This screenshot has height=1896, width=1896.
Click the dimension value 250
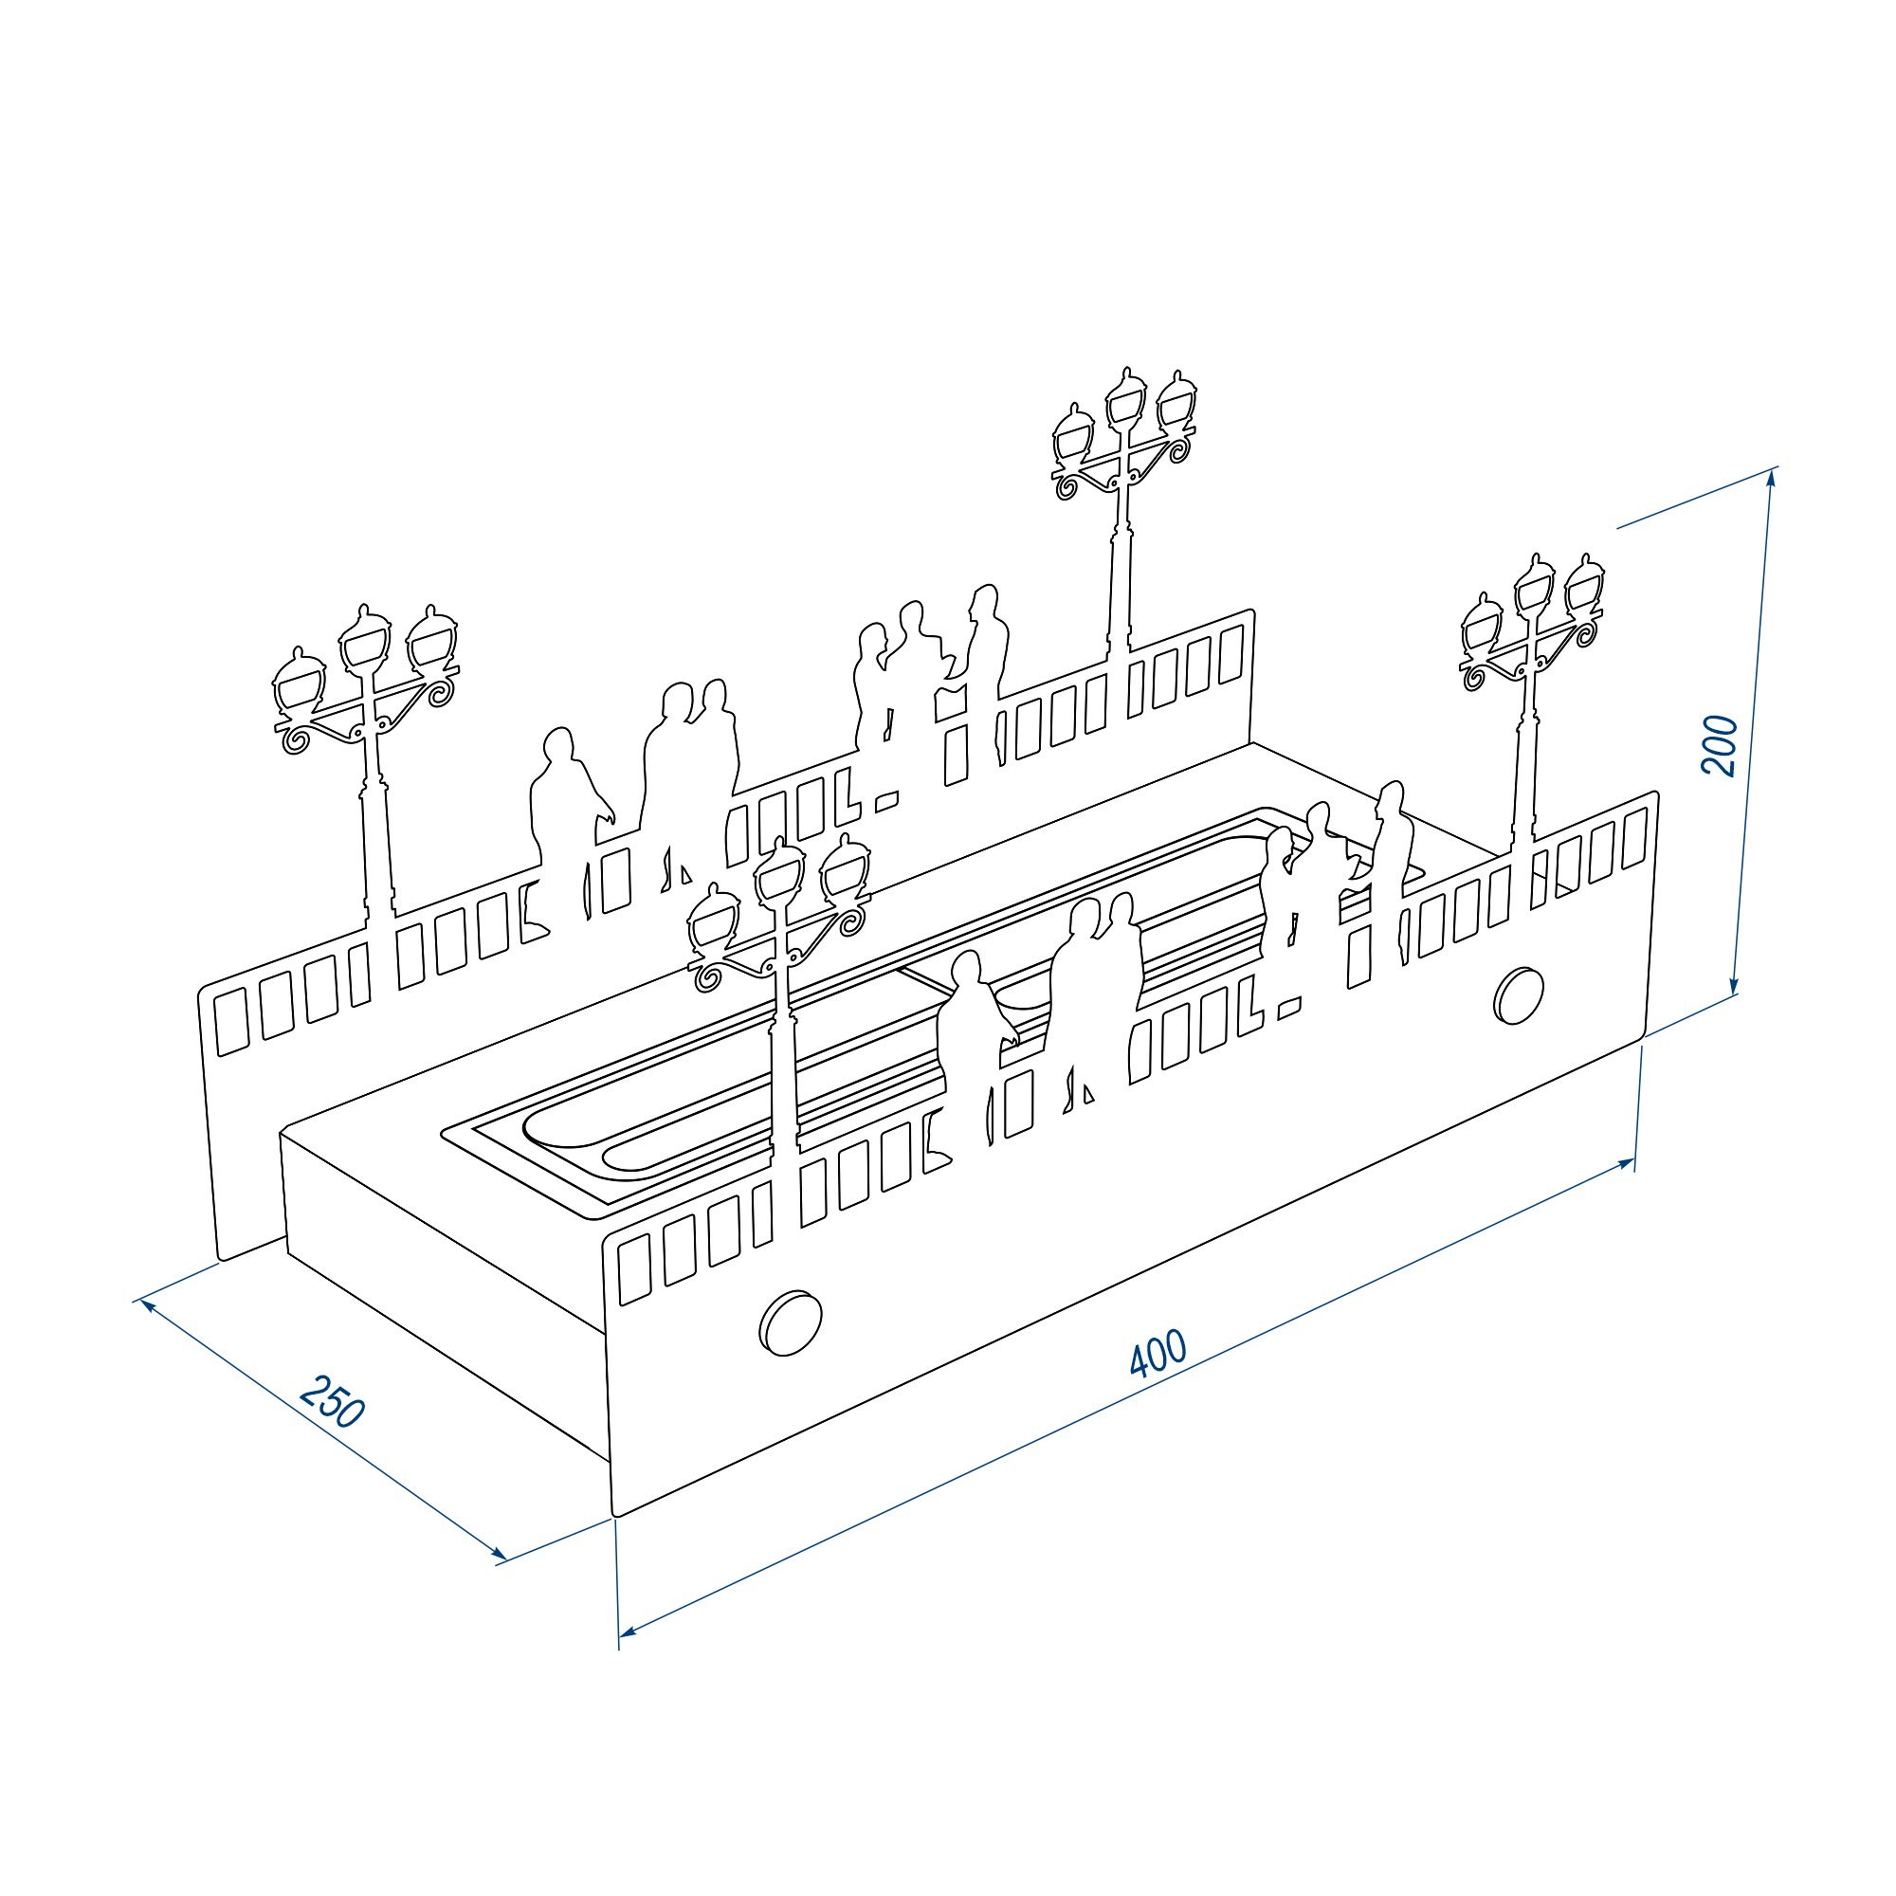pos(333,1401)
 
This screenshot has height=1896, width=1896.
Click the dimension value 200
pos(1720,746)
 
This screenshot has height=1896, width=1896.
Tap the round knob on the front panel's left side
pos(791,1322)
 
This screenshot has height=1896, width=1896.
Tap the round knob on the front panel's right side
pos(1519,994)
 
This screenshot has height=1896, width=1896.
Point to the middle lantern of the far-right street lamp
pos(1534,586)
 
